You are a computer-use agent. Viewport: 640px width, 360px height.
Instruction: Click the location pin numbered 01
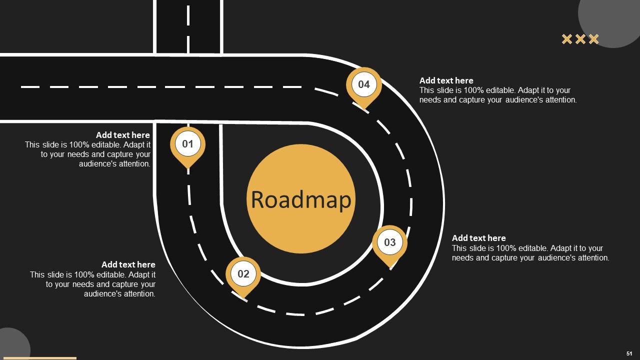(x=187, y=145)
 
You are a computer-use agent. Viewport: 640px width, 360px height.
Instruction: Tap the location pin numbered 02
(x=243, y=275)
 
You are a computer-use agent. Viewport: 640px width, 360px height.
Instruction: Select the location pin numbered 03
(x=389, y=244)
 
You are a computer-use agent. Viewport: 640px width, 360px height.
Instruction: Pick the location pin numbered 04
(x=363, y=86)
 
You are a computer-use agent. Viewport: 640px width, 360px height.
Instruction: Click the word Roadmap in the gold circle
(x=301, y=199)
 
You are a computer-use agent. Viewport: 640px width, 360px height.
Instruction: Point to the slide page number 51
(x=629, y=353)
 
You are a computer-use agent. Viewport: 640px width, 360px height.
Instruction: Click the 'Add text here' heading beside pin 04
(x=446, y=80)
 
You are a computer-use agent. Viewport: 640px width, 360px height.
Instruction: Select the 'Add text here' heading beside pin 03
(x=479, y=238)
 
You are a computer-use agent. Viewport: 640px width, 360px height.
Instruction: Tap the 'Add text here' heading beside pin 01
(x=123, y=135)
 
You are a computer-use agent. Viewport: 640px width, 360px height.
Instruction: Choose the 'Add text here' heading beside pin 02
(x=128, y=264)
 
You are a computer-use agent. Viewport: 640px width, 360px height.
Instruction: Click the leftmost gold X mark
(x=567, y=39)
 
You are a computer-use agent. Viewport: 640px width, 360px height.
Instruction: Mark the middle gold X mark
(x=580, y=39)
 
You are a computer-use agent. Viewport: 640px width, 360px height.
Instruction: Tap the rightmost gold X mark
(x=593, y=39)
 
